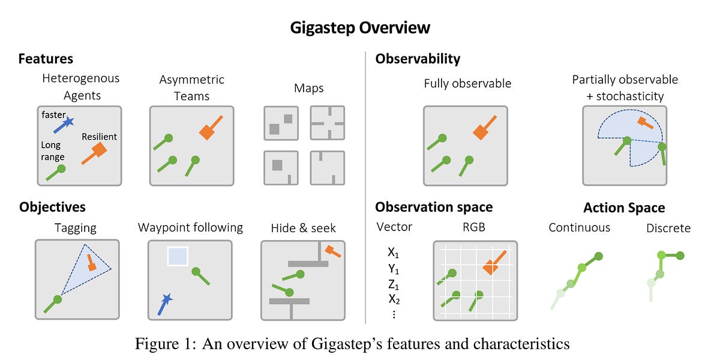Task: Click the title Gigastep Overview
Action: [360, 28]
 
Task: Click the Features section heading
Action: [46, 59]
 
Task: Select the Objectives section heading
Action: [52, 207]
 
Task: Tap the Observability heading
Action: [418, 59]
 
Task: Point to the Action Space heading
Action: [624, 208]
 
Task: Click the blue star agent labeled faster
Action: [68, 122]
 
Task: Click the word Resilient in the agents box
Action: [99, 137]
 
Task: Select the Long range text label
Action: [52, 151]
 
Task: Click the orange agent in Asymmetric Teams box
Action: [208, 131]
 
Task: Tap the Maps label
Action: [309, 89]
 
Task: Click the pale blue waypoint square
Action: [178, 257]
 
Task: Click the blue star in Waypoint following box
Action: [167, 298]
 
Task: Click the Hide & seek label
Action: [303, 227]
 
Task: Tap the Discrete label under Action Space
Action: [668, 228]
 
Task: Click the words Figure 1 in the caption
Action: [161, 344]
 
